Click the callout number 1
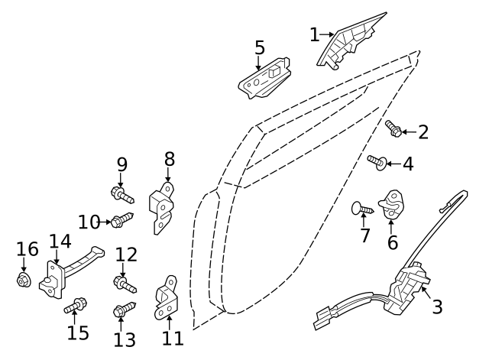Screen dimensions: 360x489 click(x=314, y=34)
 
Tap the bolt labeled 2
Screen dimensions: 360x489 click(x=394, y=130)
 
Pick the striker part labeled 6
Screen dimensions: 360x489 click(x=393, y=202)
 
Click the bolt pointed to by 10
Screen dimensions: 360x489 click(x=121, y=222)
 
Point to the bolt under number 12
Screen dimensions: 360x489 click(x=125, y=284)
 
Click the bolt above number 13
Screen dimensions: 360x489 click(x=124, y=310)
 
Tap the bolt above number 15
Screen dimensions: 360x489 click(x=76, y=308)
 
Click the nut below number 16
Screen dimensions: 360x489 click(x=24, y=281)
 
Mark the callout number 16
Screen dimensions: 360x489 click(x=27, y=249)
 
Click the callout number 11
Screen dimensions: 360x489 click(x=173, y=337)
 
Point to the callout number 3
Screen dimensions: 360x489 click(x=438, y=307)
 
